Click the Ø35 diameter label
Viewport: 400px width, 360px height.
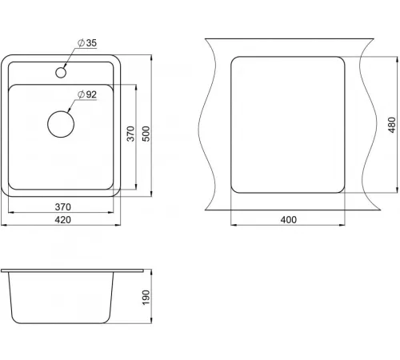tap(87, 42)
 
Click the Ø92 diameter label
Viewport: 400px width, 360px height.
tap(87, 94)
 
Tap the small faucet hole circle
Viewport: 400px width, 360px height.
tap(61, 72)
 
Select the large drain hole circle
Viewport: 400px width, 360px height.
tap(61, 124)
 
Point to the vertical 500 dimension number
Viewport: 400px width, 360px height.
tap(146, 134)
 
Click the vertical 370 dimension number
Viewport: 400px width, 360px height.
tap(130, 134)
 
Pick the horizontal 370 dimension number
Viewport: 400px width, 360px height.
tap(63, 207)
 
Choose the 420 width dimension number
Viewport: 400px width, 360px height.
tap(63, 220)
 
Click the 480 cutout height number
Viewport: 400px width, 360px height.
tap(391, 125)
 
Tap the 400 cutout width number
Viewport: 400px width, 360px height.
tap(289, 220)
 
